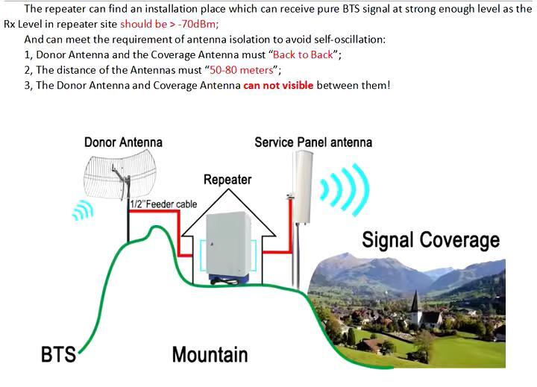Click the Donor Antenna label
pos(123,142)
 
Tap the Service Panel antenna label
pos(313,142)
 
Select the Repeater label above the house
pos(227,180)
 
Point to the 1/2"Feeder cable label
pos(163,204)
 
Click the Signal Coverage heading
pos(430,240)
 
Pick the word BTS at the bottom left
pos(58,353)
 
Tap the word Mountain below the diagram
pos(210,354)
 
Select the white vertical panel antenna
pos(303,186)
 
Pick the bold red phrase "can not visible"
pos(278,85)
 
